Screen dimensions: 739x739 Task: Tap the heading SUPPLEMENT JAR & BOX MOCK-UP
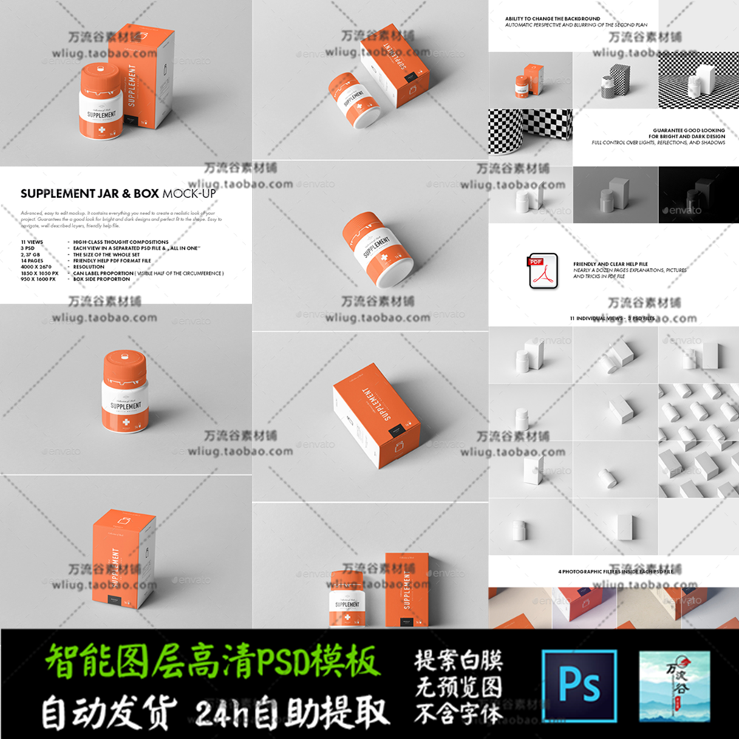coord(118,193)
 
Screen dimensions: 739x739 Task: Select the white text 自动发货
coord(109,712)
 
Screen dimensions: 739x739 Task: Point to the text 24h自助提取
coord(293,712)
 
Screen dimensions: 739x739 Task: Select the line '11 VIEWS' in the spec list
coord(33,242)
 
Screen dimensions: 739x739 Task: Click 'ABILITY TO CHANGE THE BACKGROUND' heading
coord(553,18)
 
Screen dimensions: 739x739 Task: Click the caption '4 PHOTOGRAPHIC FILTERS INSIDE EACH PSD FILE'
coord(613,571)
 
